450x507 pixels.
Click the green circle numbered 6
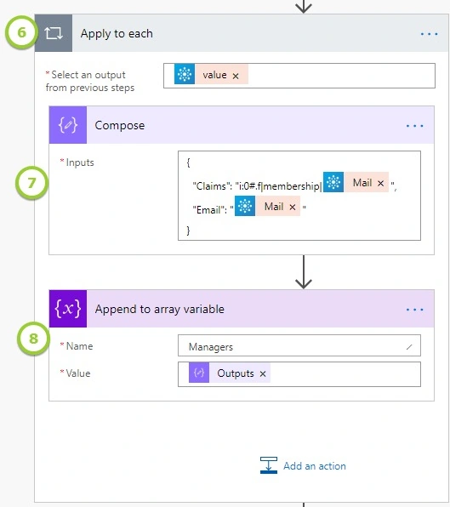click(x=21, y=32)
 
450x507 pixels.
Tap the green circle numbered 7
click(x=31, y=183)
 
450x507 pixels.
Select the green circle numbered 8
click(x=33, y=339)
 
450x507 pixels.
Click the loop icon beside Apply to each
click(x=54, y=33)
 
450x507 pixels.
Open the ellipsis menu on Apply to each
click(x=429, y=34)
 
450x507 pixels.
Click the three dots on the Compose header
click(x=414, y=126)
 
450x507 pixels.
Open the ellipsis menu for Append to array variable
click(x=414, y=310)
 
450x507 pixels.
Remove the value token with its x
click(x=236, y=76)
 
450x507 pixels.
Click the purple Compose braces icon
click(x=68, y=125)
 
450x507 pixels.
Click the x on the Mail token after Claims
click(x=380, y=184)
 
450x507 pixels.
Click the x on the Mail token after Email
click(x=293, y=208)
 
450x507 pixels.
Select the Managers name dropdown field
click(x=299, y=345)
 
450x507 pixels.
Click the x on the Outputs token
click(x=263, y=374)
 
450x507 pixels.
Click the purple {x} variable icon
click(x=68, y=309)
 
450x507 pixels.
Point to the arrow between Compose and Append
click(x=304, y=271)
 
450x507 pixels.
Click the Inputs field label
click(x=80, y=162)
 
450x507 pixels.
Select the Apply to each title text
click(x=117, y=34)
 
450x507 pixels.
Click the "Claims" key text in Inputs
click(x=208, y=186)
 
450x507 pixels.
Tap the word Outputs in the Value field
click(x=236, y=373)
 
